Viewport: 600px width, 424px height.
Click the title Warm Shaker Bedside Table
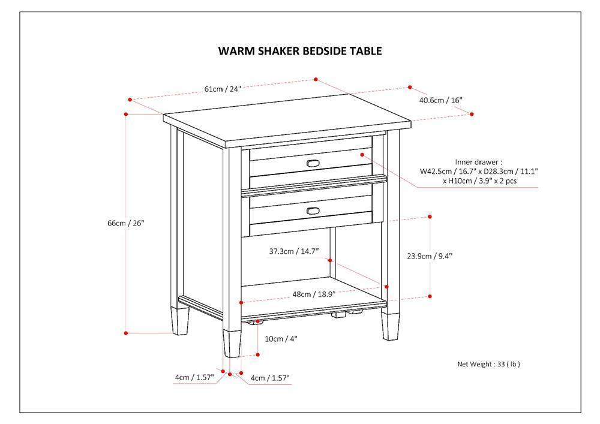point(299,51)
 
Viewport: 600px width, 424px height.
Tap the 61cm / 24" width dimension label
point(223,89)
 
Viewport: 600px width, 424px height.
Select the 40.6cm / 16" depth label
point(441,100)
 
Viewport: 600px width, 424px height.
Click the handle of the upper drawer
point(313,163)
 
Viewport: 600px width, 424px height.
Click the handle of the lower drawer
point(313,209)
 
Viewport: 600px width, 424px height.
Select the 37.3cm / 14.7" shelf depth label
point(294,252)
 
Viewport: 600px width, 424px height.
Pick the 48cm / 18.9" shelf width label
point(313,294)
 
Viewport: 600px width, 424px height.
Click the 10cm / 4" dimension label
point(281,339)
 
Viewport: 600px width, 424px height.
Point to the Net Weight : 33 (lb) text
point(488,364)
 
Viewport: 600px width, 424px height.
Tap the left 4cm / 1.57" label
point(194,377)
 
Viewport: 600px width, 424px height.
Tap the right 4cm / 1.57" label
point(270,378)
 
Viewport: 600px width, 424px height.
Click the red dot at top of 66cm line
point(126,113)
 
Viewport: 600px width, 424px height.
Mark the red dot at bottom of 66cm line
point(126,333)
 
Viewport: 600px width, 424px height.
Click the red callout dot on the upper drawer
point(362,154)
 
